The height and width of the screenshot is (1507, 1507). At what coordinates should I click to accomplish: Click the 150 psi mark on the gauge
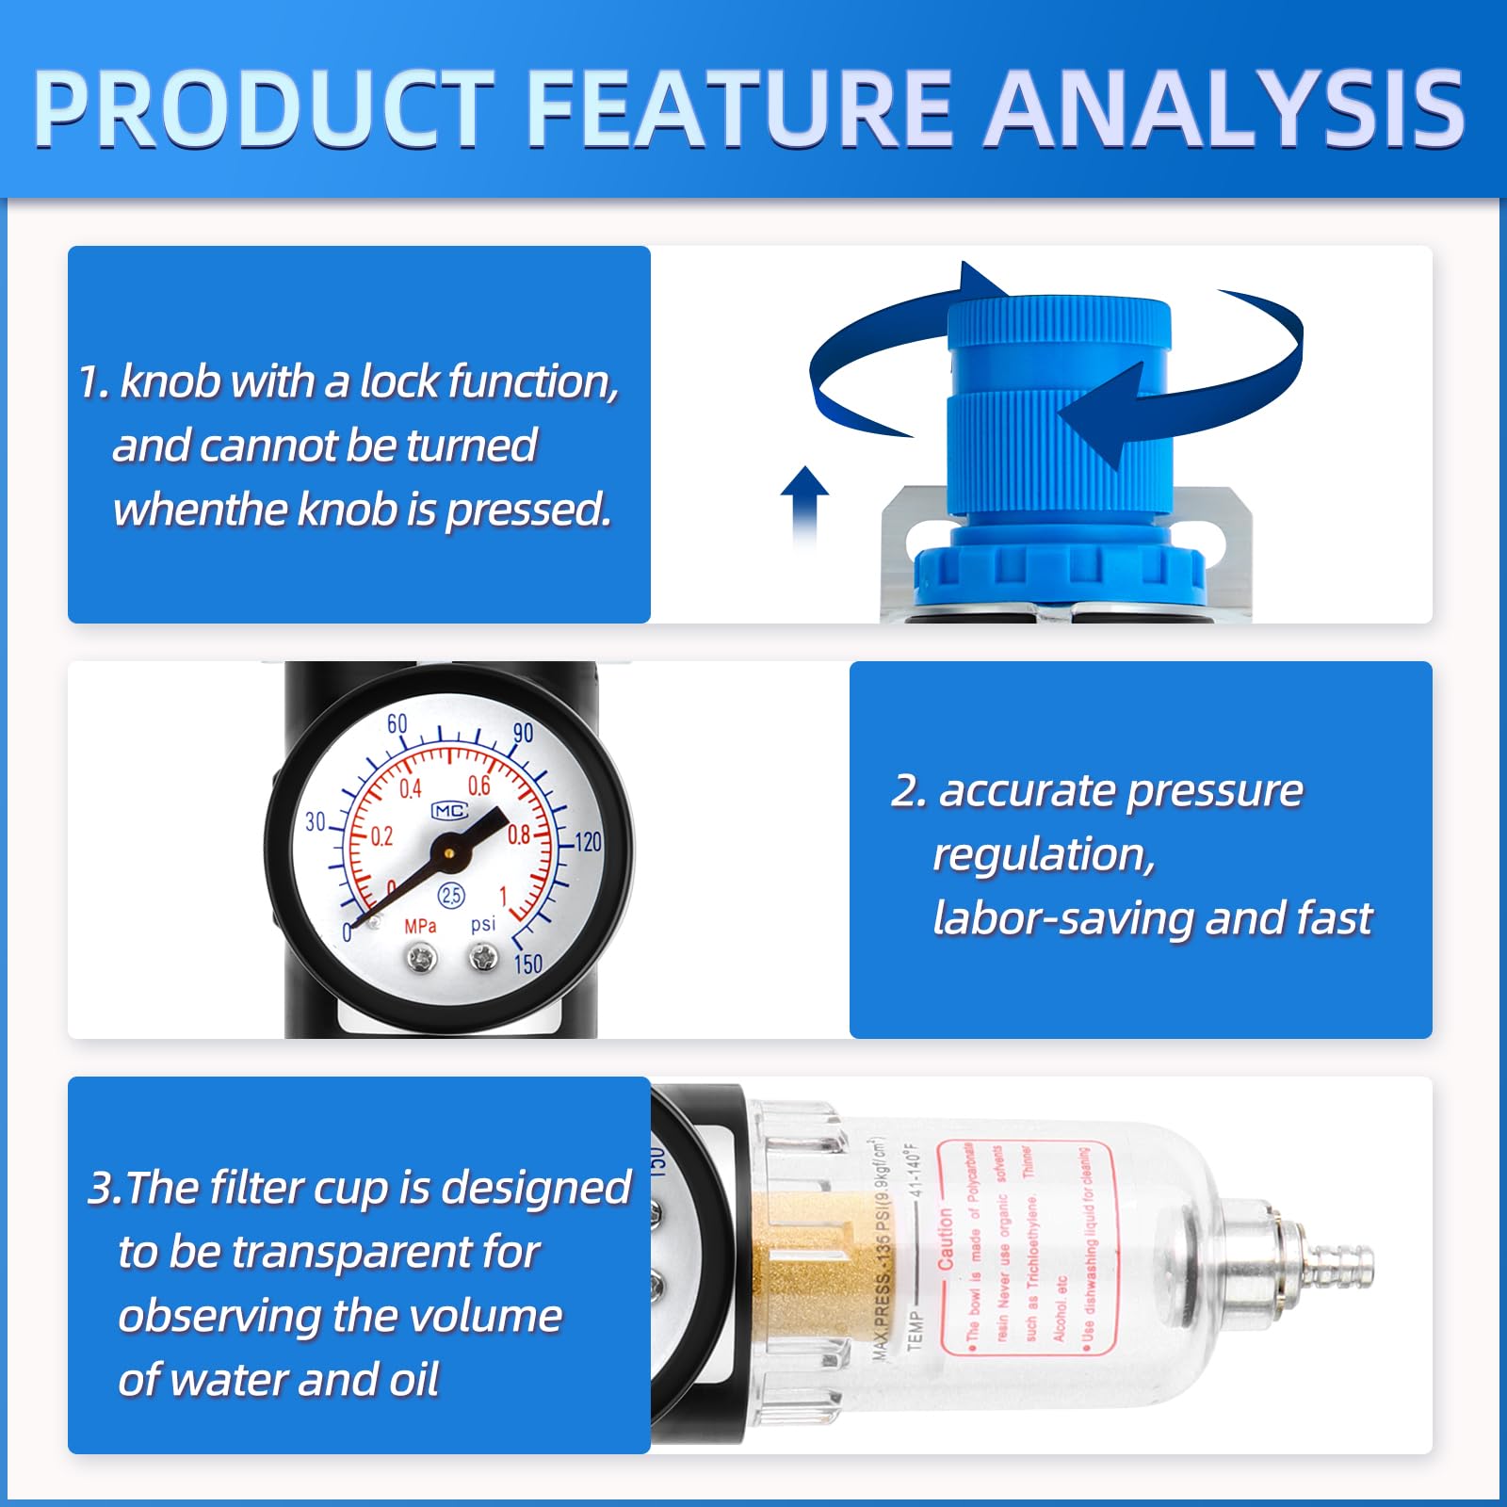[x=528, y=964]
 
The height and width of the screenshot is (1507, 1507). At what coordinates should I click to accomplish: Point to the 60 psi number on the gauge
[x=397, y=723]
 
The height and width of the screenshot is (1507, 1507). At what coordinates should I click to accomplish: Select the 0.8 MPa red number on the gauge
[x=519, y=835]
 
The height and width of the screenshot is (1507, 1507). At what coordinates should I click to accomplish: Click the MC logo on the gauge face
[x=449, y=811]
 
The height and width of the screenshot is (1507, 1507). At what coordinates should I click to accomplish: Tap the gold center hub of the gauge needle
[x=449, y=852]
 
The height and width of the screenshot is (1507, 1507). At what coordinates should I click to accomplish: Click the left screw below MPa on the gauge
[x=421, y=960]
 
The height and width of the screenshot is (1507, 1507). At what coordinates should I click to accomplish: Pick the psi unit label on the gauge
[x=483, y=924]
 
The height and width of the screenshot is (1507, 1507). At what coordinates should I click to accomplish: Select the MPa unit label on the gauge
[x=420, y=926]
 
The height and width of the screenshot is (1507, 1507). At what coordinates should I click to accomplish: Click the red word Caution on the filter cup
[x=946, y=1239]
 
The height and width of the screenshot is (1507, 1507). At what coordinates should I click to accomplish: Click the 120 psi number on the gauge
[x=587, y=841]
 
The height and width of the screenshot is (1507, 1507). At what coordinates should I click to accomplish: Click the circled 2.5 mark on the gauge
[x=451, y=895]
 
